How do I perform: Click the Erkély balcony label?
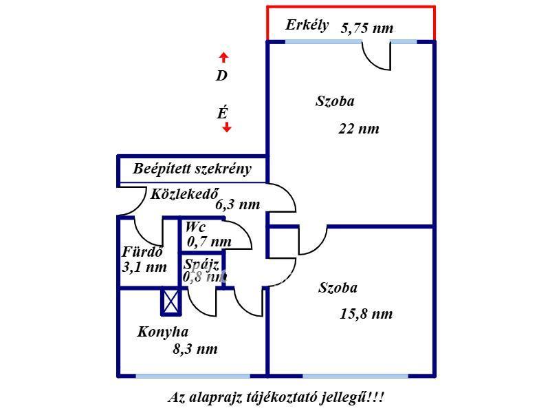pyautogui.click(x=307, y=26)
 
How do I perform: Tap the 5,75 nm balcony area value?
pyautogui.click(x=367, y=28)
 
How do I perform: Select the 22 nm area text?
pyautogui.click(x=358, y=128)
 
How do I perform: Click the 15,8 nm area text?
pyautogui.click(x=366, y=314)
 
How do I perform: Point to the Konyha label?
pyautogui.click(x=163, y=332)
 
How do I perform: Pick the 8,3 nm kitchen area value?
pyautogui.click(x=195, y=349)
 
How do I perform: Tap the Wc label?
pyautogui.click(x=195, y=227)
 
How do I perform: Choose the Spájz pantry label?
pyautogui.click(x=201, y=264)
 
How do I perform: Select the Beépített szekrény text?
pyautogui.click(x=192, y=169)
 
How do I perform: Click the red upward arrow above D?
pyautogui.click(x=223, y=57)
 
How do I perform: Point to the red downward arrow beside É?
pyautogui.click(x=227, y=127)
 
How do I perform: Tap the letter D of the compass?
pyautogui.click(x=221, y=76)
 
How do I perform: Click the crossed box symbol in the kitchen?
pyautogui.click(x=170, y=301)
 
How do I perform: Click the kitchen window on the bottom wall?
pyautogui.click(x=192, y=376)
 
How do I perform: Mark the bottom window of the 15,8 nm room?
pyautogui.click(x=355, y=376)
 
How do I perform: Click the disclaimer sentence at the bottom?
pyautogui.click(x=276, y=398)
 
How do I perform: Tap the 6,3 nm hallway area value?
pyautogui.click(x=238, y=204)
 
